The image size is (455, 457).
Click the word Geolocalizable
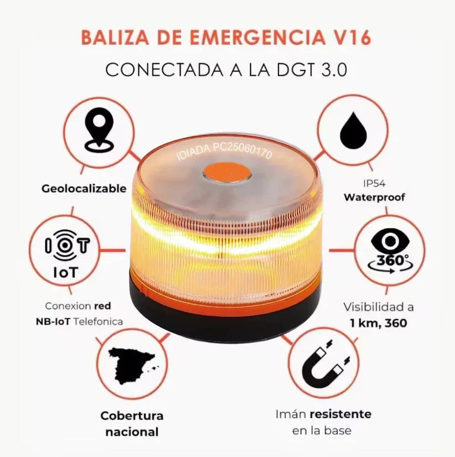84,189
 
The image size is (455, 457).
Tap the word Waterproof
374,197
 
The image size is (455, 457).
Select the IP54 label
374,183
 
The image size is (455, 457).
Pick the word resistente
340,414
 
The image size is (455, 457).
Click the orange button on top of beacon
227,173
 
